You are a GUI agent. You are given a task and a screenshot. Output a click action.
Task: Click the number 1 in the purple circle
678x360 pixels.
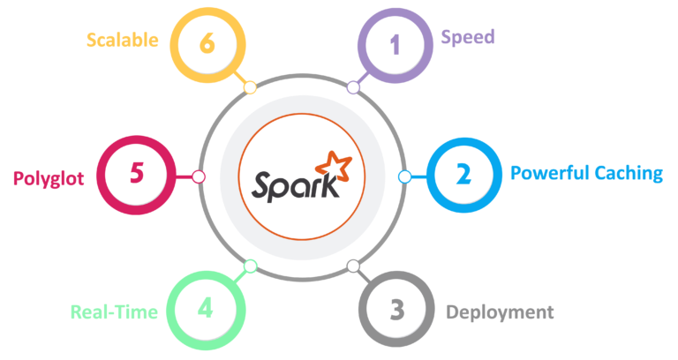point(395,44)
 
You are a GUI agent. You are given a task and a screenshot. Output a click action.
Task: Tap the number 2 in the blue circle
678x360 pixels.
point(463,174)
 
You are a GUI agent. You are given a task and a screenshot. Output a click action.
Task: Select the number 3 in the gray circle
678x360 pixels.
point(396,310)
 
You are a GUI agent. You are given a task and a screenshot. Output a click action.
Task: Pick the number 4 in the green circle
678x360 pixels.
point(206,309)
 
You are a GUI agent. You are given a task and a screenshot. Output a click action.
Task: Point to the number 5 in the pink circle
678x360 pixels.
point(136,173)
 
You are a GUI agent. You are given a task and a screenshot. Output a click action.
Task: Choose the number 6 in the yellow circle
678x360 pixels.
point(207,42)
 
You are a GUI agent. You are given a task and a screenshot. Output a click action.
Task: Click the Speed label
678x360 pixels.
point(467,38)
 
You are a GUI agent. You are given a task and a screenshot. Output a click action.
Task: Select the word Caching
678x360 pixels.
point(628,174)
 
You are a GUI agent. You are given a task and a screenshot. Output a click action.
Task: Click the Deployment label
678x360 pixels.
point(499,312)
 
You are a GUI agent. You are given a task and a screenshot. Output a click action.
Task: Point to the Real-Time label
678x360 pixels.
point(115,312)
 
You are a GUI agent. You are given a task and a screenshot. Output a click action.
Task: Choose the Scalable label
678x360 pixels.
point(122,40)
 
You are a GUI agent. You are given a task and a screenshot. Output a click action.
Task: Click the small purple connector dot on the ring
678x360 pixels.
point(353,87)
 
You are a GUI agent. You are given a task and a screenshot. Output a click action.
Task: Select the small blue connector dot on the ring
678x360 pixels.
point(404,176)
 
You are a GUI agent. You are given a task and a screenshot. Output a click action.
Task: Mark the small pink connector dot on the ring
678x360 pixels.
point(199,176)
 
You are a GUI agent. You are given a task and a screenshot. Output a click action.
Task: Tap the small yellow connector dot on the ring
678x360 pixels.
point(250,87)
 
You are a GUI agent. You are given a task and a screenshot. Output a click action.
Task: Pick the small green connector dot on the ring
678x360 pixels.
point(250,266)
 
